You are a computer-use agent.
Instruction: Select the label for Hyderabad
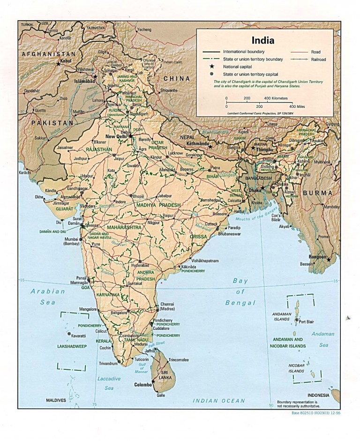[140, 265]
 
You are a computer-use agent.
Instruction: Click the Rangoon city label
[318, 257]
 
